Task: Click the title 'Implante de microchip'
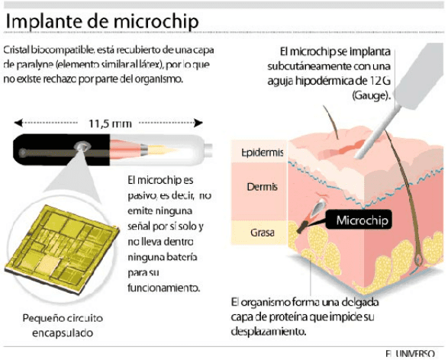click(x=102, y=21)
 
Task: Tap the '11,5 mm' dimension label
click(x=110, y=124)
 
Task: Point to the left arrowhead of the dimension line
click(x=18, y=123)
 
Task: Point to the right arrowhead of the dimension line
click(x=198, y=123)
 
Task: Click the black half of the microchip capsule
click(x=61, y=149)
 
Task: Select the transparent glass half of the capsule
click(x=161, y=149)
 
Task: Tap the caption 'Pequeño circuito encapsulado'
click(x=63, y=326)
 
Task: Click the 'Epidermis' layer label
click(x=262, y=153)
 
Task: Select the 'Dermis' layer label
click(x=262, y=187)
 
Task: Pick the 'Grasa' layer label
click(x=263, y=233)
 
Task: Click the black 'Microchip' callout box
click(x=359, y=219)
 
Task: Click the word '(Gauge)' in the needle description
click(x=371, y=95)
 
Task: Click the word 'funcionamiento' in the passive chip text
click(x=163, y=288)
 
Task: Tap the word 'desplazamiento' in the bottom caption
click(x=269, y=332)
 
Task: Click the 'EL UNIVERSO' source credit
click(x=410, y=354)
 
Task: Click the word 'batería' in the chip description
click(x=181, y=257)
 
